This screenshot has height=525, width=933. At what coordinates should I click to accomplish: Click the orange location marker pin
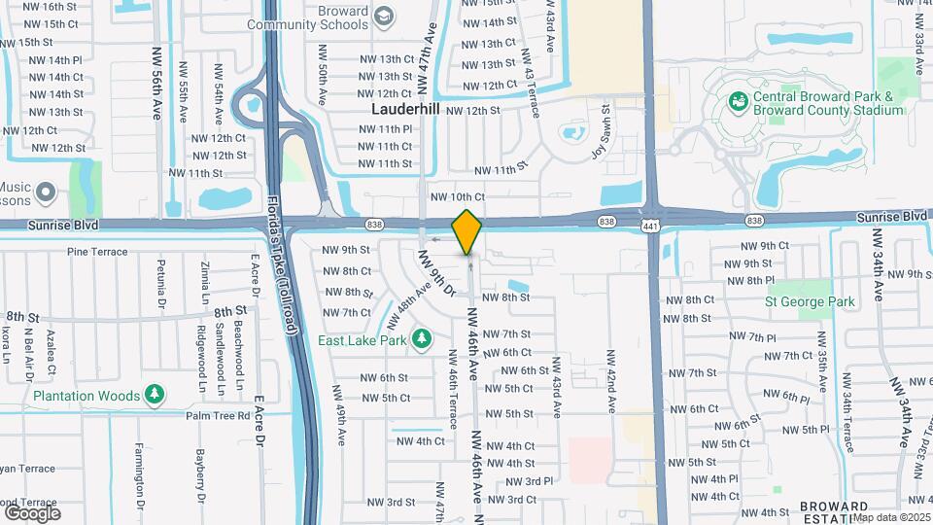coord(466,230)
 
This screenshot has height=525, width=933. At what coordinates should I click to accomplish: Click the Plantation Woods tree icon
coord(154,395)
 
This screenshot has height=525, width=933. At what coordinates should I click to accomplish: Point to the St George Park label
coord(810,301)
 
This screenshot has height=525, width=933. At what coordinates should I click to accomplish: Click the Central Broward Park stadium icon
coord(739,100)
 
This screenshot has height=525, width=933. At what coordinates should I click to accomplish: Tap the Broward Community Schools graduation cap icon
coord(384,15)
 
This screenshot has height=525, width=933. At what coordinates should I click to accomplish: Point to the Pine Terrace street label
coord(97,252)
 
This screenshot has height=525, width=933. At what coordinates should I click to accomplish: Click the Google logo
coord(32,512)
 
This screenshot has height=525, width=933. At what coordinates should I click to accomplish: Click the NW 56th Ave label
coord(155,83)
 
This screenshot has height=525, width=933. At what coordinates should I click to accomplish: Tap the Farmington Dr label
coord(139,491)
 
